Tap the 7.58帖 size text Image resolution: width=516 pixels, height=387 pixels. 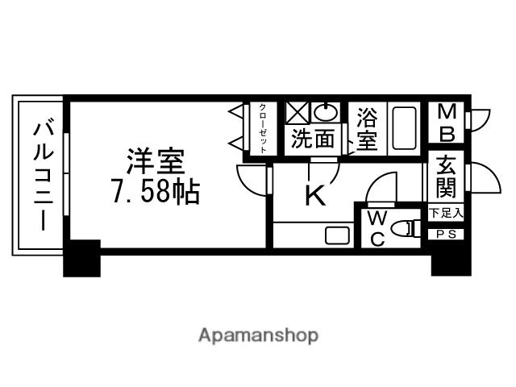[x=155, y=193]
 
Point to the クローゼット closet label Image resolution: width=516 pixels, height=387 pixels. [x=263, y=127]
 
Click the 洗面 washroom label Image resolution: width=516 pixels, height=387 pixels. [x=313, y=139]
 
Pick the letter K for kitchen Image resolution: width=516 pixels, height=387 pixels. [x=314, y=196]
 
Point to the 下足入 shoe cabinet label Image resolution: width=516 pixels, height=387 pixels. [x=446, y=214]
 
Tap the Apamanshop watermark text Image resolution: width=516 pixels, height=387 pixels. [x=258, y=335]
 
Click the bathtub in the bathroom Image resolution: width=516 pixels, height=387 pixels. [x=404, y=127]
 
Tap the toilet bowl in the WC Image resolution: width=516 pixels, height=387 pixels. [x=406, y=233]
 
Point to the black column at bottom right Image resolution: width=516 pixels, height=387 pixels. [x=451, y=259]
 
